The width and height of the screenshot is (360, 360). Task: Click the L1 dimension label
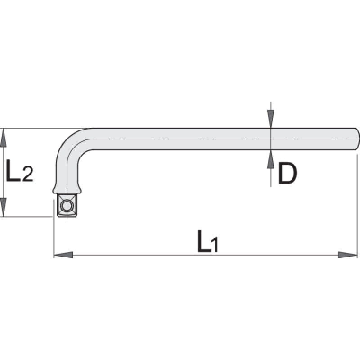(x=207, y=241)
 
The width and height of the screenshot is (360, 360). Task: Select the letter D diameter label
(x=288, y=173)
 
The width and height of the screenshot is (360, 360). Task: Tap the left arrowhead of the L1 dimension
(x=63, y=255)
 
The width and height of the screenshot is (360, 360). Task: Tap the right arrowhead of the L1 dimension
(x=348, y=255)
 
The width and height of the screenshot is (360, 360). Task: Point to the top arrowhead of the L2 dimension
(x=3, y=138)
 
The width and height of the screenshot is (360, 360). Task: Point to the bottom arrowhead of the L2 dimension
(x=3, y=207)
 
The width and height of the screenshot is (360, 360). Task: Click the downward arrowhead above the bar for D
(x=271, y=119)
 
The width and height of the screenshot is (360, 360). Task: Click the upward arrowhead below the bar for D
(x=271, y=160)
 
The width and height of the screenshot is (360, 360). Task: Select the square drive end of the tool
(x=67, y=205)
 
